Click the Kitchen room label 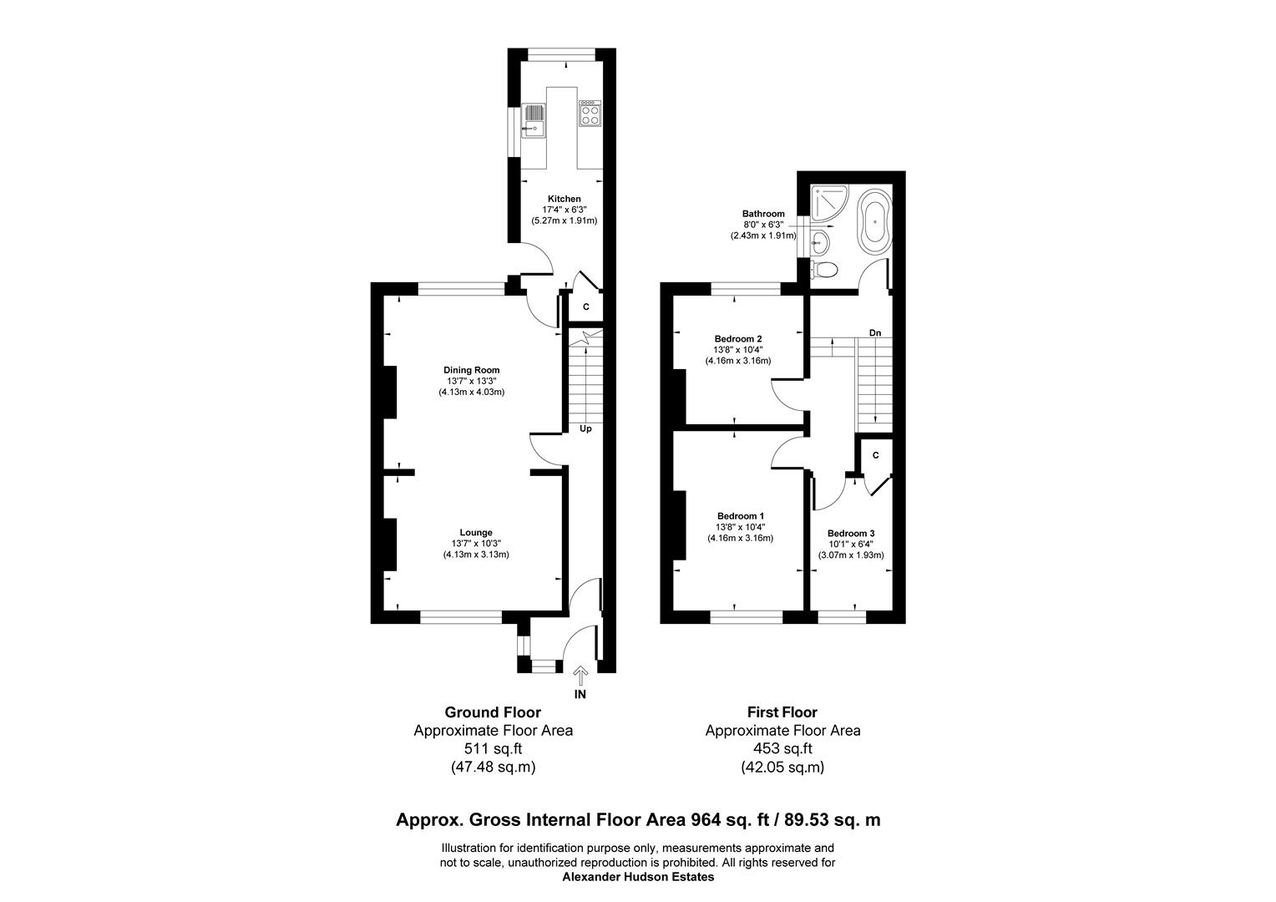pyautogui.click(x=564, y=199)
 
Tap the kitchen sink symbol pyautogui.click(x=134, y=120)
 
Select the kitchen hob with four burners pyautogui.click(x=590, y=114)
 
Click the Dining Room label pyautogui.click(x=471, y=370)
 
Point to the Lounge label pyautogui.click(x=476, y=533)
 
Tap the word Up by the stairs pyautogui.click(x=585, y=428)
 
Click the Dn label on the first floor pyautogui.click(x=875, y=332)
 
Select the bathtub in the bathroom pyautogui.click(x=875, y=222)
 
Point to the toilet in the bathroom pyautogui.click(x=823, y=270)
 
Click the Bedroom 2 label pyautogui.click(x=738, y=339)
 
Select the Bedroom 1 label pyautogui.click(x=741, y=516)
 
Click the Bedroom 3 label pyautogui.click(x=851, y=534)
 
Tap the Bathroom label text pyautogui.click(x=763, y=214)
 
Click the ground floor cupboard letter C pyautogui.click(x=585, y=307)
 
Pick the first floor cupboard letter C pyautogui.click(x=875, y=455)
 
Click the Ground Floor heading pyautogui.click(x=493, y=712)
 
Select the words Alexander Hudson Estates pyautogui.click(x=638, y=877)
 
